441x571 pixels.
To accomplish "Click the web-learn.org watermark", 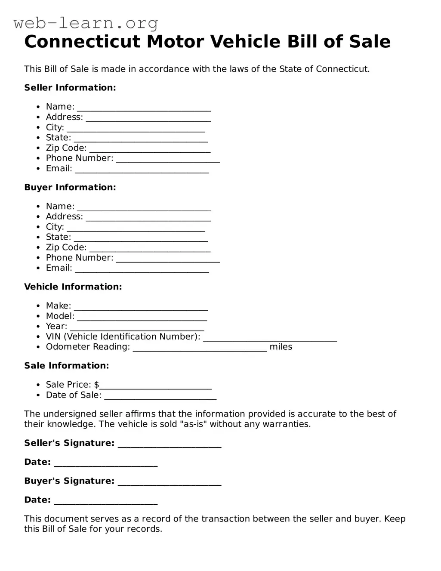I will pos(86,23).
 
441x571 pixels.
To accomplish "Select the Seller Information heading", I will pos(70,88).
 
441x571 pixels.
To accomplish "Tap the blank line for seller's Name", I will pos(144,108).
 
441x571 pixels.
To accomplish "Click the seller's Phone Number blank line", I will pos(168,160).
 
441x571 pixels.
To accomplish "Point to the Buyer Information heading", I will pos(70,187).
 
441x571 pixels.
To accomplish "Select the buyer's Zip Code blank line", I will pos(150,249).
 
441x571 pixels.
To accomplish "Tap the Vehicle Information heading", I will pos(73,287).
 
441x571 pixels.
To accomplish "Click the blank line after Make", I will pos(141,307).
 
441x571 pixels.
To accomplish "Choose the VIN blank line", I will pos(270,338).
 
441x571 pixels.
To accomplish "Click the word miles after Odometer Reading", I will pos(281,347).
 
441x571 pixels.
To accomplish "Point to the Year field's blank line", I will pos(137,328).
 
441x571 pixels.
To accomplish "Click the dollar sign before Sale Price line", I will pos(96,385).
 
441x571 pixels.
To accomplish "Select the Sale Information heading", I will pos(67,366).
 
